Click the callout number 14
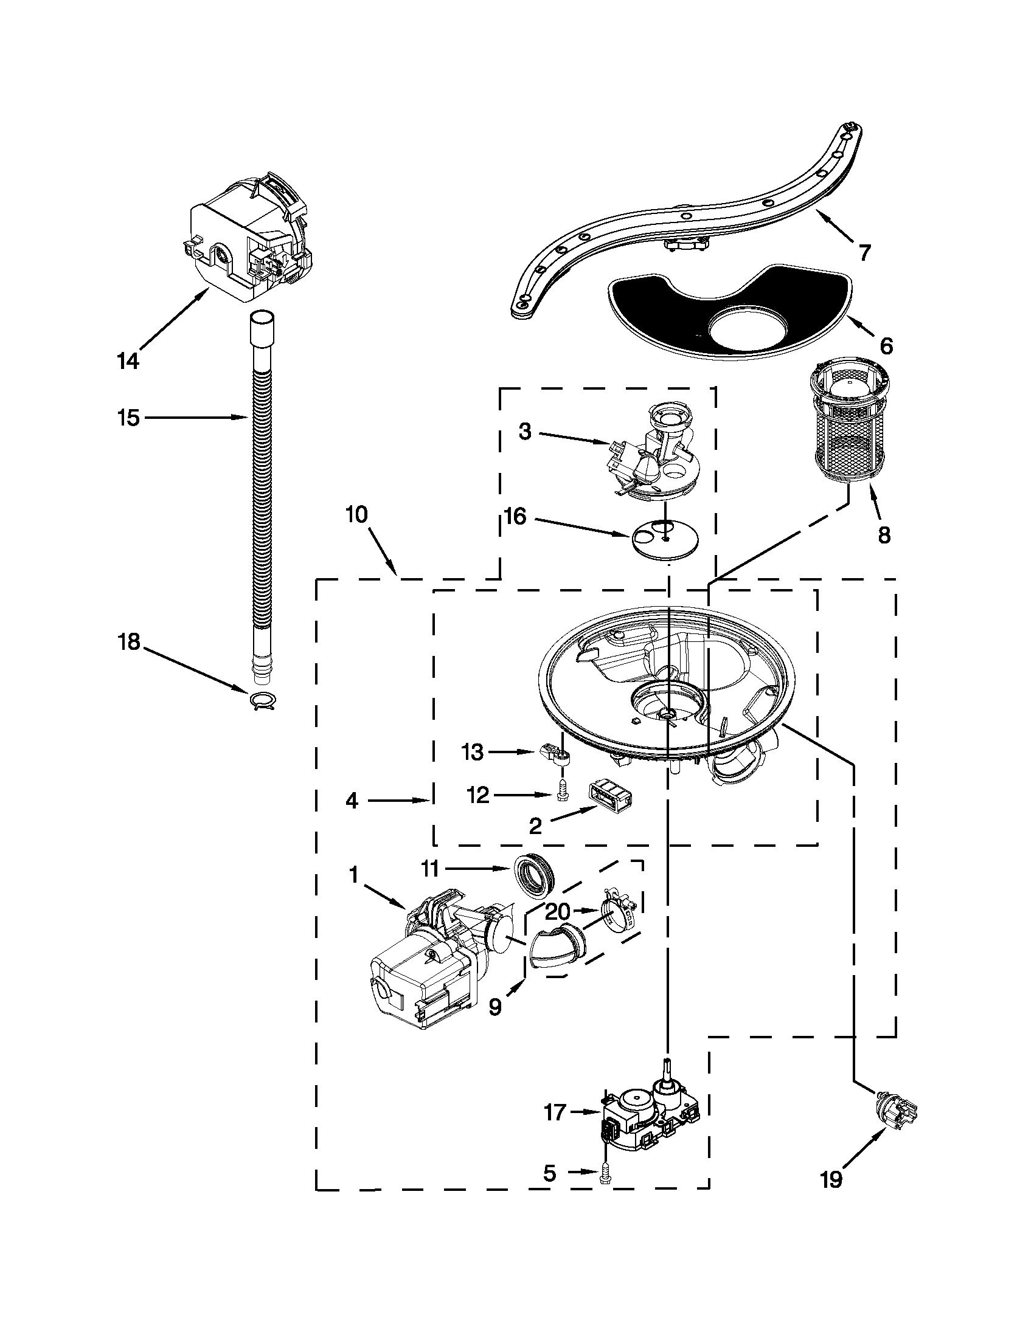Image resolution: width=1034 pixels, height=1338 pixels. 128,361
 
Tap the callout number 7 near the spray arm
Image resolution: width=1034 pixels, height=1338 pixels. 864,252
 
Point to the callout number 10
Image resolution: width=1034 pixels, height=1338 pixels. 356,515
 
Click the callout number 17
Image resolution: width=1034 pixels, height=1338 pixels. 555,1112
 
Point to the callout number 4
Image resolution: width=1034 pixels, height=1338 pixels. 352,800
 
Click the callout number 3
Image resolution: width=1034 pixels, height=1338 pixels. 525,432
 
